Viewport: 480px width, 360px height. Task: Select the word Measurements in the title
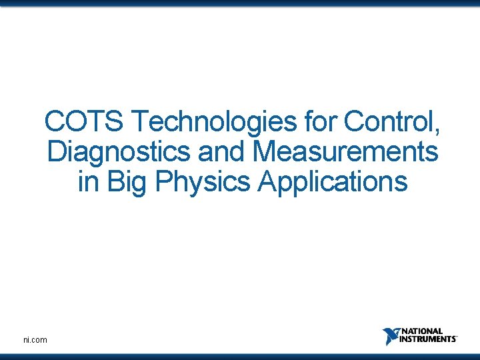(x=346, y=152)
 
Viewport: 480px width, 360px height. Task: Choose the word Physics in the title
(x=203, y=181)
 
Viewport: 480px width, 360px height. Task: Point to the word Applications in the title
(x=332, y=181)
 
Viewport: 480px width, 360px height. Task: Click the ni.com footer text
(x=35, y=340)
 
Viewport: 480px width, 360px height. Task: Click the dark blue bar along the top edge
(x=240, y=3)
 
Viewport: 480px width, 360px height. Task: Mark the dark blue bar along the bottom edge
(x=240, y=356)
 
